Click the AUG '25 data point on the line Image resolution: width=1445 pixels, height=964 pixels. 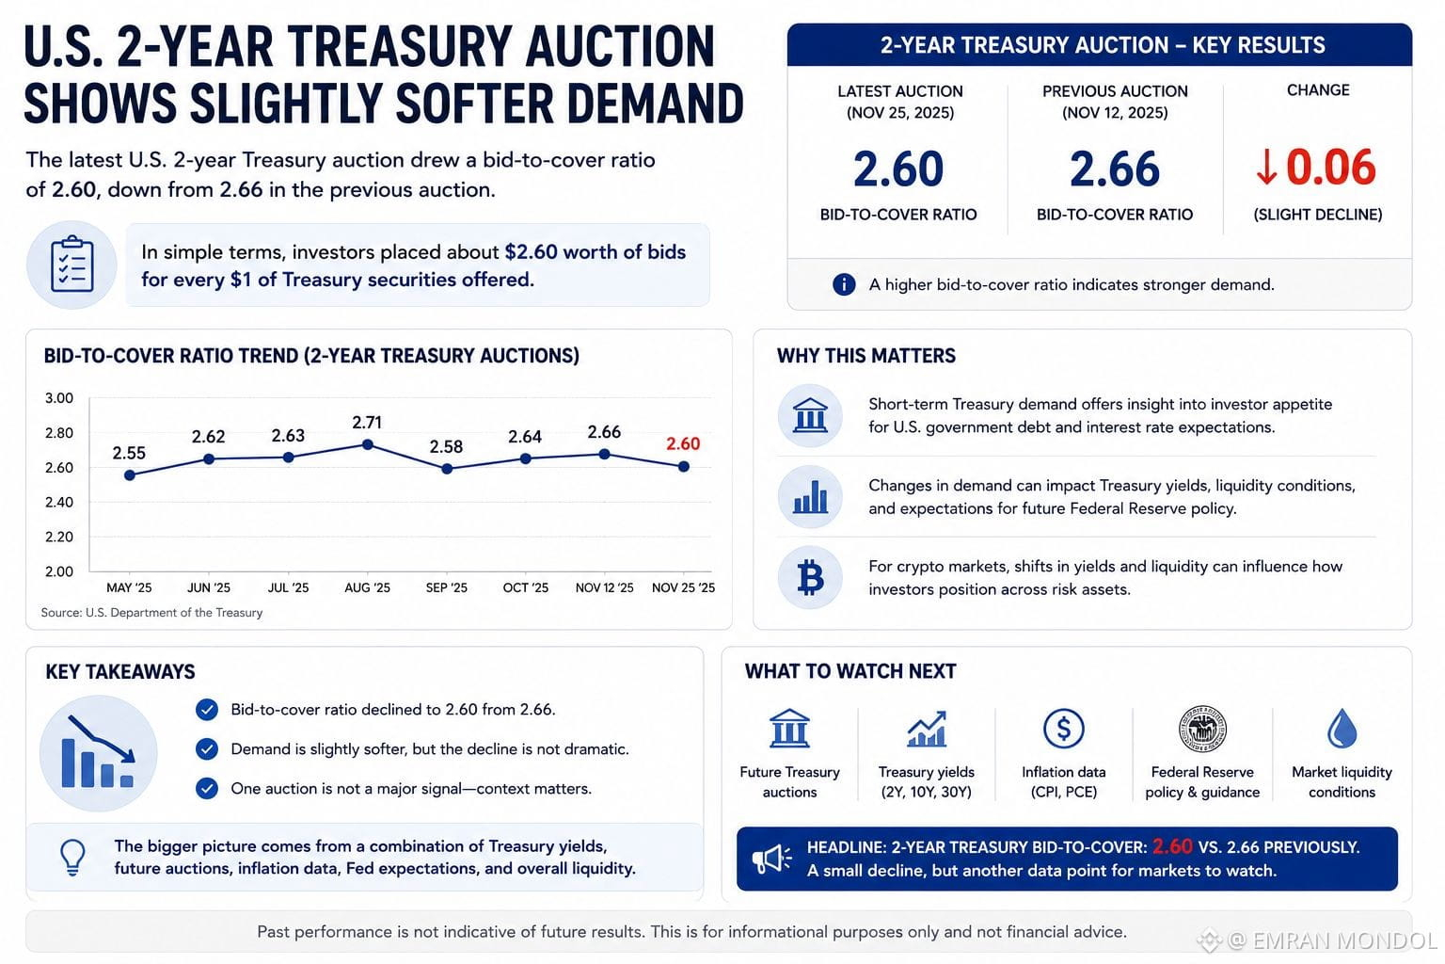coord(368,445)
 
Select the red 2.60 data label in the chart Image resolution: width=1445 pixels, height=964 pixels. coord(683,443)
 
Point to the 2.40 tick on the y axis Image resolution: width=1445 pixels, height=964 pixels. coord(58,502)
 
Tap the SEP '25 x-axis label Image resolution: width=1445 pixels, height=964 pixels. coord(447,587)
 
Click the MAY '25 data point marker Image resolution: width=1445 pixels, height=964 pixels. coord(130,475)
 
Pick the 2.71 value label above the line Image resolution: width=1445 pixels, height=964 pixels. coord(367,423)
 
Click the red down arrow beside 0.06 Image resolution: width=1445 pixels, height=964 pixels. coord(1266,168)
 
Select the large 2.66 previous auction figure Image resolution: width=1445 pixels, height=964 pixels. coord(1114,169)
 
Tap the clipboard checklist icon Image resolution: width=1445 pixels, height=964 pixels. coord(71,265)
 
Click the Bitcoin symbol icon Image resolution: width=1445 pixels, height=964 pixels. coord(810,577)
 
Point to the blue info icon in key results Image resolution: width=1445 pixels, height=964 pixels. coord(844,284)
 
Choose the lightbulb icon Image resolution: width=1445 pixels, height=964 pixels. coord(72,858)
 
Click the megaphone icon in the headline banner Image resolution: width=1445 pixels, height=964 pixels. coord(771,859)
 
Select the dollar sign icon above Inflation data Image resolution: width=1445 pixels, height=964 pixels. coord(1063,729)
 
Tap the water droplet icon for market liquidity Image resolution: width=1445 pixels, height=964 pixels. coord(1342,729)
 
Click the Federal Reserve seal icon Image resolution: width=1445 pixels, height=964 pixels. coord(1201,729)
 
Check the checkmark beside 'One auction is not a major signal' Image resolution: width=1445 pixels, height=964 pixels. coord(206,788)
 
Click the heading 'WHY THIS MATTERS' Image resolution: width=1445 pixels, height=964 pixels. coord(865,356)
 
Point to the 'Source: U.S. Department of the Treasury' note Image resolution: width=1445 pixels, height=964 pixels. coord(151,612)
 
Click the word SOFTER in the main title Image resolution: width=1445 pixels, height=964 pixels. coord(473,104)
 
